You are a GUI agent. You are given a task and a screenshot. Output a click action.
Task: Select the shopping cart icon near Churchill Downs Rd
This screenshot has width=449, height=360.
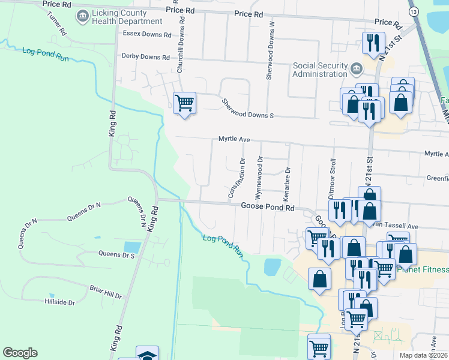coord(184,103)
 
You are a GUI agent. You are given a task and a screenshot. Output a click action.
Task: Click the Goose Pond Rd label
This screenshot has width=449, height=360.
coord(267,206)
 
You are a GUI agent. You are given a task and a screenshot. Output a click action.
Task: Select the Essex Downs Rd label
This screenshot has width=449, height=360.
coord(147,34)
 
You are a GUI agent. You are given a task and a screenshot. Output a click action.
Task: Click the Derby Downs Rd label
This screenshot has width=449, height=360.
coord(146,57)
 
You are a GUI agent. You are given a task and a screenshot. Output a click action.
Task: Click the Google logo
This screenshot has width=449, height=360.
coord(20,353)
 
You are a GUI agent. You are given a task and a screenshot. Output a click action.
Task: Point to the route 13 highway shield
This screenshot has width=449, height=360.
coord(413,11)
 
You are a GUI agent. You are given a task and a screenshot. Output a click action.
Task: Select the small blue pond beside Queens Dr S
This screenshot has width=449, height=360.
coord(132,246)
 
